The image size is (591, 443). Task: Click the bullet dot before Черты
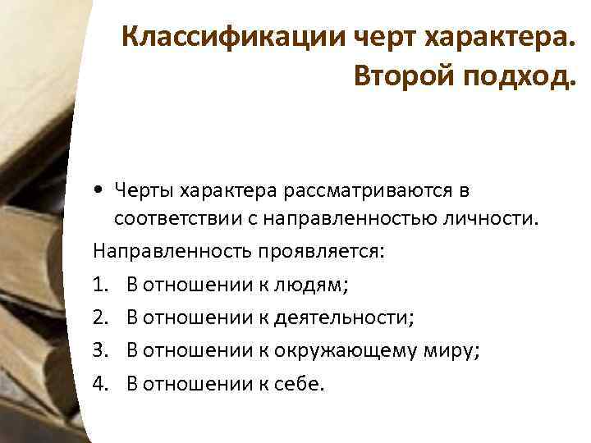[98, 191]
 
